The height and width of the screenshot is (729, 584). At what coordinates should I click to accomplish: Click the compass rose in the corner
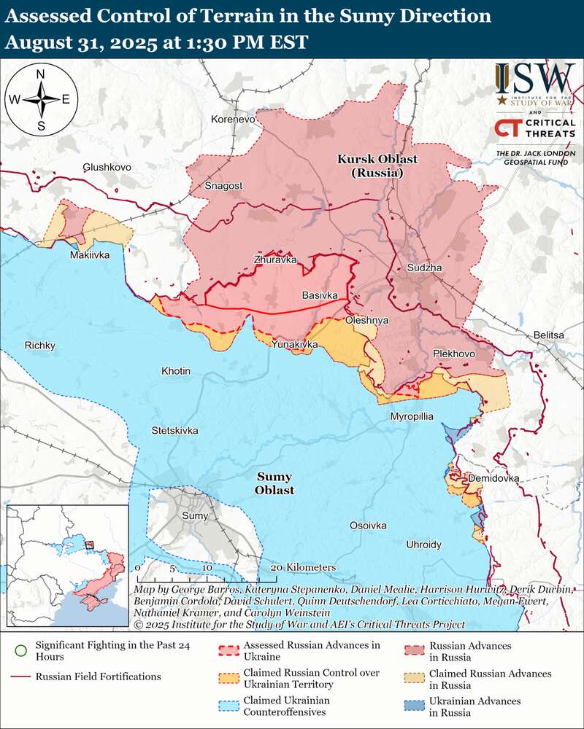coord(41,100)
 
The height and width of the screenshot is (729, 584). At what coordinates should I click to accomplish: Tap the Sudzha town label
coord(424,269)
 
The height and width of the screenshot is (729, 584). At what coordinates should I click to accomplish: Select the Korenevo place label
coord(233,119)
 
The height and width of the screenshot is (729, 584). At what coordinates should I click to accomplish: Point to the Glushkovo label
coord(107,167)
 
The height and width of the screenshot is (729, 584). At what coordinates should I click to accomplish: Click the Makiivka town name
coord(90,255)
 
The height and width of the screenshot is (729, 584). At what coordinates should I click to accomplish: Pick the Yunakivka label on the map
coord(295,343)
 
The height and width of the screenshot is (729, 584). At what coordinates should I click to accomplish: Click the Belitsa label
coord(549,335)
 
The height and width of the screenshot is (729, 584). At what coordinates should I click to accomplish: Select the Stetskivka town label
coord(174,430)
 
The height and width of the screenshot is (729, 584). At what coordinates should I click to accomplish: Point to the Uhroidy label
coord(423,545)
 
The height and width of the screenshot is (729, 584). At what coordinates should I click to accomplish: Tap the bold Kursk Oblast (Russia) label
coord(370,166)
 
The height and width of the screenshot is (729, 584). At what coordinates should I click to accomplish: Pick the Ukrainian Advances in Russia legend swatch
coord(414,706)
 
